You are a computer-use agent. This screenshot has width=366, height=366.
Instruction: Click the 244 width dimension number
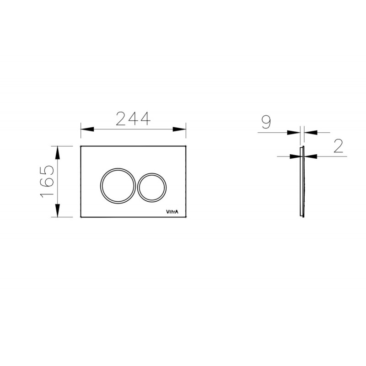point(133,118)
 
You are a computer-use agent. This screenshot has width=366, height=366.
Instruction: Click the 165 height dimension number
point(47,182)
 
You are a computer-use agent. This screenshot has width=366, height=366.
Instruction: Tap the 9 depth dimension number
point(266,122)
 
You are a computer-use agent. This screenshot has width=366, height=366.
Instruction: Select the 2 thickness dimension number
point(339,146)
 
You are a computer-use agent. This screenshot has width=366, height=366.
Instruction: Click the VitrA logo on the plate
point(172,212)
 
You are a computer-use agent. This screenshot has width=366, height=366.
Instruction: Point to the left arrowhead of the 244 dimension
point(87,129)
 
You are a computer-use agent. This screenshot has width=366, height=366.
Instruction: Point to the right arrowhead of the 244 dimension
point(179,129)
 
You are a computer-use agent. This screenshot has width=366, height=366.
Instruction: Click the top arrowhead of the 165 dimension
point(58,153)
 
